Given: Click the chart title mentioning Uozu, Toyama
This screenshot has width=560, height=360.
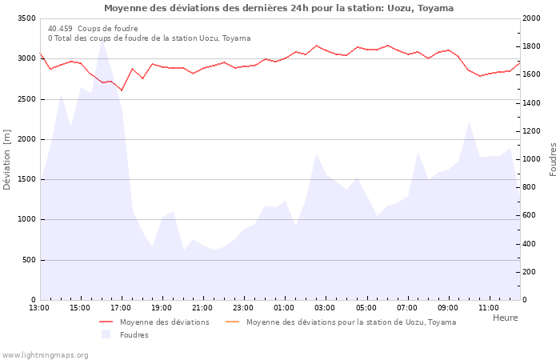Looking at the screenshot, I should (278, 8).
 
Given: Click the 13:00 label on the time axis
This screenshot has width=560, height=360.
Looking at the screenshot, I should (39, 308).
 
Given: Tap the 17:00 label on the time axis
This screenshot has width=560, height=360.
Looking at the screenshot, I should (121, 308).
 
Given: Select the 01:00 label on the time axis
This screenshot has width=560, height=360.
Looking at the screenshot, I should (284, 308).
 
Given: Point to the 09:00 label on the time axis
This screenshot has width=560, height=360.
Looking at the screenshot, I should (448, 308).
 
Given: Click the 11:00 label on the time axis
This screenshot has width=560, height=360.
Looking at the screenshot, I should (489, 308).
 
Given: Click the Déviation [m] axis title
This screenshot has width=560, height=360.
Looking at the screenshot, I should (7, 159).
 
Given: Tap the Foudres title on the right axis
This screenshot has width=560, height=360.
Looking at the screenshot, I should (553, 159).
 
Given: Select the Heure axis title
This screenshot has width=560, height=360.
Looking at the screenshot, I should (505, 318).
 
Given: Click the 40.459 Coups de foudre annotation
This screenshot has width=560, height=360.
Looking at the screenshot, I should (93, 28).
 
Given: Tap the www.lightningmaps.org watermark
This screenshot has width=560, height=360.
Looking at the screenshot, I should (44, 354).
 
